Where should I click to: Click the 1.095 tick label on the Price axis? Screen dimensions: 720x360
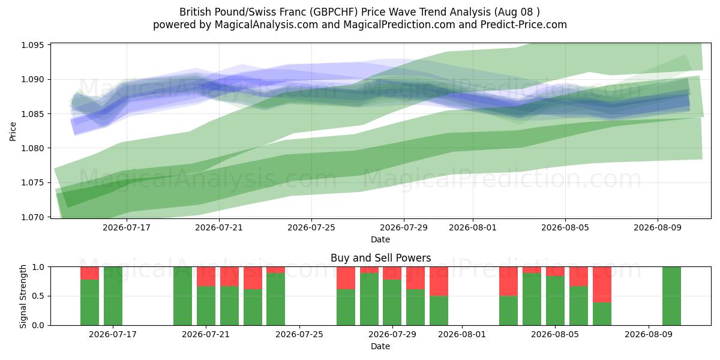pos(32,45)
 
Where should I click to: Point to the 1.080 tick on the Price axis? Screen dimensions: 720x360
pos(32,148)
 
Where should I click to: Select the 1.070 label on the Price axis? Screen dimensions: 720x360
pos(32,217)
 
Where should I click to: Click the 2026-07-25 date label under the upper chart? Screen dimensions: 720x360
pos(311,227)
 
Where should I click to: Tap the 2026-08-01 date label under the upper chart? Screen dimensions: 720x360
pos(473,227)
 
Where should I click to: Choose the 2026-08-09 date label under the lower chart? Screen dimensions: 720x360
pos(649,334)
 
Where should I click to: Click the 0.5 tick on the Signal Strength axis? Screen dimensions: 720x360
pos(38,296)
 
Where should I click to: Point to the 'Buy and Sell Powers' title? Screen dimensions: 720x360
pos(380,258)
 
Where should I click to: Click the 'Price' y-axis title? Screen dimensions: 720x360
pos(13,131)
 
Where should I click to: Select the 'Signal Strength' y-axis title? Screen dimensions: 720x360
pos(23,296)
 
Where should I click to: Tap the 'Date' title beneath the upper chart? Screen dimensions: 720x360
pos(380,239)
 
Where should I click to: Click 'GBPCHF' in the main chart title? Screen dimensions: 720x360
pos(334,12)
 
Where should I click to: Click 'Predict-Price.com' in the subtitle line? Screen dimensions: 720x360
pos(524,25)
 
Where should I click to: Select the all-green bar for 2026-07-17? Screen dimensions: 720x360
pos(113,296)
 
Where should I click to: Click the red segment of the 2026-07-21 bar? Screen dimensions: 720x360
pos(206,277)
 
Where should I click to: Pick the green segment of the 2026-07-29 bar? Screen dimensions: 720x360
pos(392,302)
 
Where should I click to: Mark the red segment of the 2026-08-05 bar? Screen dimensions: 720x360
pos(555,271)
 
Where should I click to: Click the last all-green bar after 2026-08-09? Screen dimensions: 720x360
pos(671,296)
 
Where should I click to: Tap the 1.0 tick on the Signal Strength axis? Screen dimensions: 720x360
pos(38,267)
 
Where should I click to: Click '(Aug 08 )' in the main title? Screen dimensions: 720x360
pos(517,12)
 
